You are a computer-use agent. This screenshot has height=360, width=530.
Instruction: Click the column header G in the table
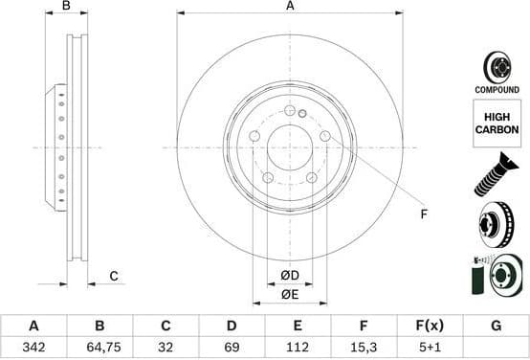(x=496, y=326)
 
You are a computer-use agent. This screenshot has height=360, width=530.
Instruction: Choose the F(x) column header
(x=430, y=326)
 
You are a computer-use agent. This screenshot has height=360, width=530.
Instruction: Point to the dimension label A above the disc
(x=290, y=6)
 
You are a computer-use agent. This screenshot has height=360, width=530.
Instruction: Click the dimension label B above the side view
(x=67, y=6)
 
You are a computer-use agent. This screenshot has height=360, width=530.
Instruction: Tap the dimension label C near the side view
(x=113, y=277)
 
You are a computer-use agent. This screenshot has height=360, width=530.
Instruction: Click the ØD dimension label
(x=290, y=277)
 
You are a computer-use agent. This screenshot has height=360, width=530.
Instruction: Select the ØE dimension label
(x=290, y=295)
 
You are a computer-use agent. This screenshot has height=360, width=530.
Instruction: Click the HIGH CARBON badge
(x=497, y=123)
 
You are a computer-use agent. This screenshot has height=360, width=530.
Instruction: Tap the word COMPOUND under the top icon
(x=497, y=89)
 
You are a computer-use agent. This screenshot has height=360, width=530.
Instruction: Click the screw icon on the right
(x=497, y=176)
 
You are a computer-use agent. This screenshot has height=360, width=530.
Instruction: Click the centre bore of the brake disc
(x=290, y=147)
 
